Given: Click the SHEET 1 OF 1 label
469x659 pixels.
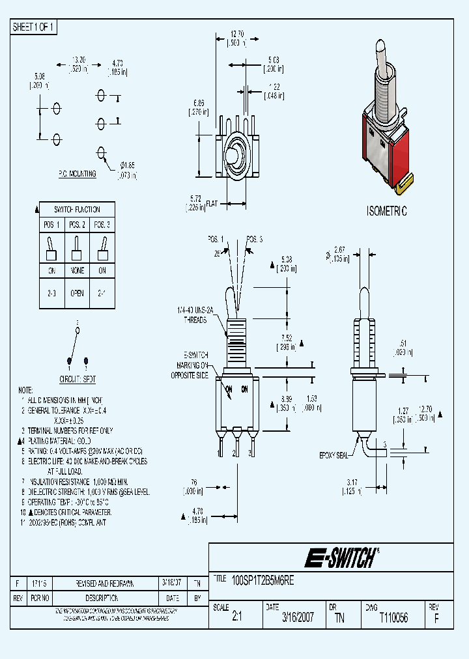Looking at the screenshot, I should (x=34, y=27).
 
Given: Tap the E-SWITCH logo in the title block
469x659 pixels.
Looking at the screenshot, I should (x=341, y=557).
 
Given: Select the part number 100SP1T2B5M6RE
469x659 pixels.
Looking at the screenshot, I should (x=264, y=582).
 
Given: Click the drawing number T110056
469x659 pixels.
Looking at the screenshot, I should (x=393, y=617).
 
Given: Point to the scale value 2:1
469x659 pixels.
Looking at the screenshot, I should (x=236, y=617).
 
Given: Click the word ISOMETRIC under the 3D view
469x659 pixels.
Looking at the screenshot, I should (x=386, y=212).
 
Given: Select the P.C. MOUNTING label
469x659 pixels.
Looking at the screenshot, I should (x=76, y=174).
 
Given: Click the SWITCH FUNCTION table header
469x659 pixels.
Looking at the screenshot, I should (x=77, y=210).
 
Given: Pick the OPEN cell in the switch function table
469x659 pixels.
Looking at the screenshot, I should (x=77, y=293).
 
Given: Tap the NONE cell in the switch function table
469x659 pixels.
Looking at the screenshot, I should (x=77, y=270).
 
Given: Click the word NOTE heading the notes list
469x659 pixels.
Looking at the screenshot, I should (x=25, y=388).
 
